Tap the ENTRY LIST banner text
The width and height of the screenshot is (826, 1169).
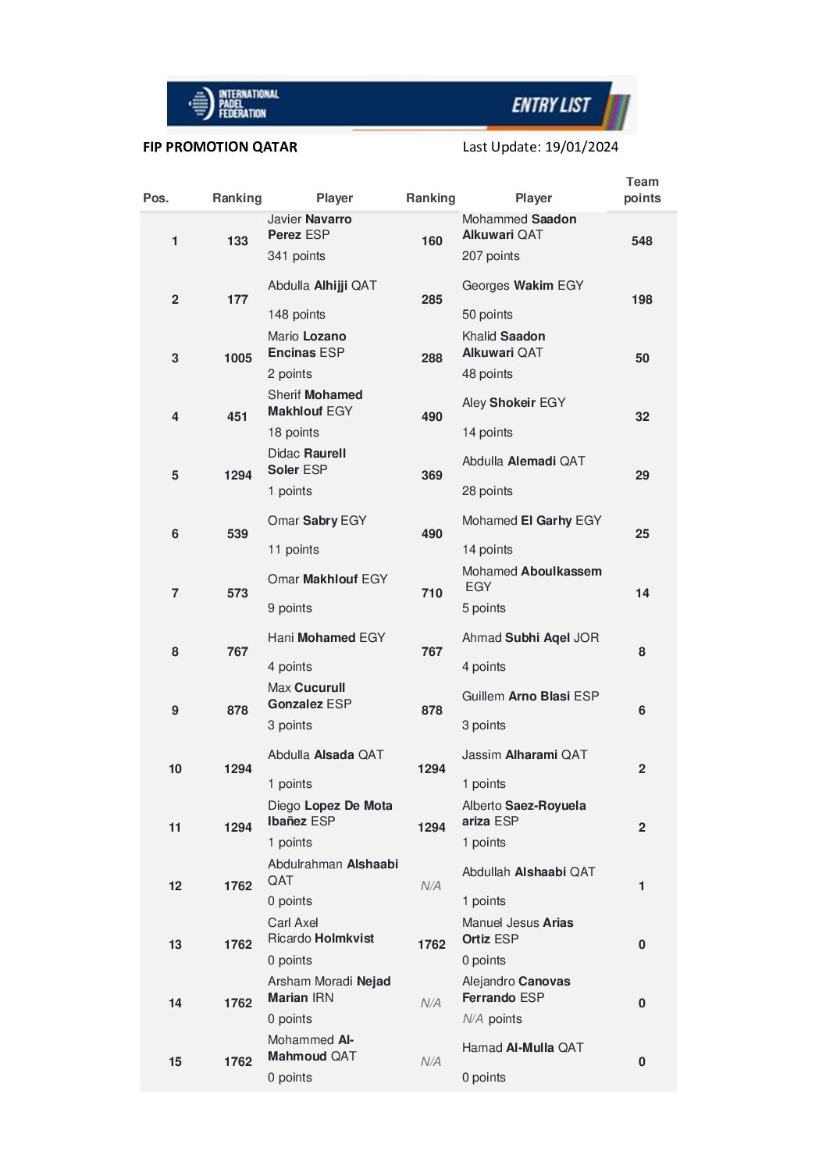tap(550, 105)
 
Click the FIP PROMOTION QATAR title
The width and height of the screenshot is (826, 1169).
tap(220, 147)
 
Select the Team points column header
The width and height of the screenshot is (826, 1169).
tap(642, 190)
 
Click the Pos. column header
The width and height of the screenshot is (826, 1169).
tap(155, 198)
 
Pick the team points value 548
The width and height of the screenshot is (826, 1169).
tap(642, 241)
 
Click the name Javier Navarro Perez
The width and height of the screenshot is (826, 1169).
tap(309, 226)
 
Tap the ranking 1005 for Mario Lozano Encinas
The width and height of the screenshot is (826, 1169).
tap(237, 358)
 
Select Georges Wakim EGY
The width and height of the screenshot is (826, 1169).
tap(522, 286)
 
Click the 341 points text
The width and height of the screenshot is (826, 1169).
tap(296, 256)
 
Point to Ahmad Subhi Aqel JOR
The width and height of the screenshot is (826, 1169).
tap(530, 637)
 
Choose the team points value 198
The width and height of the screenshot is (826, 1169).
tap(642, 299)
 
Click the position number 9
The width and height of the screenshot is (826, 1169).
tap(175, 710)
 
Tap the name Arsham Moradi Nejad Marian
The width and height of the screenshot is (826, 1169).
tap(329, 989)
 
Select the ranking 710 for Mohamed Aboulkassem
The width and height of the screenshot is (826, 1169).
tap(432, 593)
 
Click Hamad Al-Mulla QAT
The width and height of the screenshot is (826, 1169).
tap(522, 1047)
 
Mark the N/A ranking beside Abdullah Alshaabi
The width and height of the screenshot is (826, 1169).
tap(431, 886)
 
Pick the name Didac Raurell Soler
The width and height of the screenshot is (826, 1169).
tap(306, 462)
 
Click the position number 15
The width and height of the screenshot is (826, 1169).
tap(175, 1061)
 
